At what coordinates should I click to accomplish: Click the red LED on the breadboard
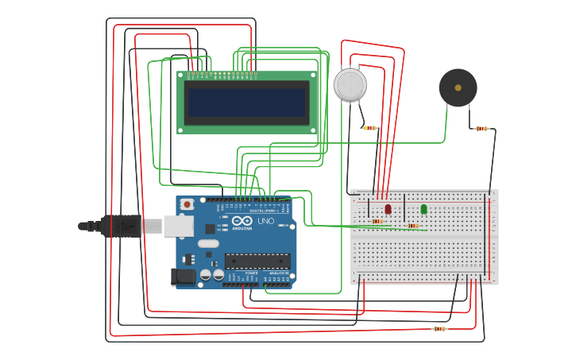[388, 209]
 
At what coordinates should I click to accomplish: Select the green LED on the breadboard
[423, 209]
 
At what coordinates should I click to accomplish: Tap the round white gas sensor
[350, 85]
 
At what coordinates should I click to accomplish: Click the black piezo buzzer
[458, 87]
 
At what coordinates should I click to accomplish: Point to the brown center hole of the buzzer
[458, 87]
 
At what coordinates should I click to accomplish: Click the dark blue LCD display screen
[246, 103]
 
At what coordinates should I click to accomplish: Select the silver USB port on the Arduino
[178, 226]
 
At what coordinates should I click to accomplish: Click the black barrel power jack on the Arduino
[183, 277]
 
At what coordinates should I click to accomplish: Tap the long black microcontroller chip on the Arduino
[257, 261]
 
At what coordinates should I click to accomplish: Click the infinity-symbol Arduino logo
[242, 220]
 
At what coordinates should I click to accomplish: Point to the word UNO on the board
[265, 221]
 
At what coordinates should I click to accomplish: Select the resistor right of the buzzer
[481, 129]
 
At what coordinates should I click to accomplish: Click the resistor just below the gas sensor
[369, 128]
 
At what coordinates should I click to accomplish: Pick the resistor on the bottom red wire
[439, 328]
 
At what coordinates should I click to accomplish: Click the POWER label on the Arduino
[251, 273]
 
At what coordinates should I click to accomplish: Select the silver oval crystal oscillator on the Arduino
[208, 243]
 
